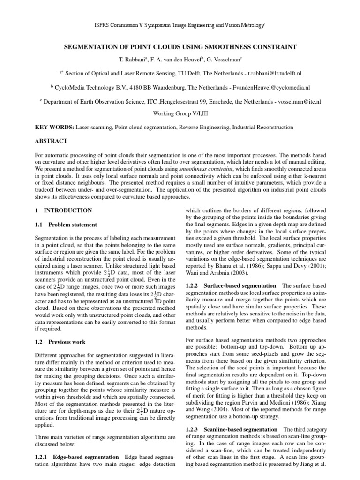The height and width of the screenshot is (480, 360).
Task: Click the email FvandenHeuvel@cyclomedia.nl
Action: tap(263, 87)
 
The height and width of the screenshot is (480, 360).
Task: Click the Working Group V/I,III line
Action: tap(180, 113)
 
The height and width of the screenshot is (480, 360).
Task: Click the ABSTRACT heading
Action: tap(52, 141)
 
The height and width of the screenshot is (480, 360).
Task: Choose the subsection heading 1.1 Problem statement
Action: tap(67, 225)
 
